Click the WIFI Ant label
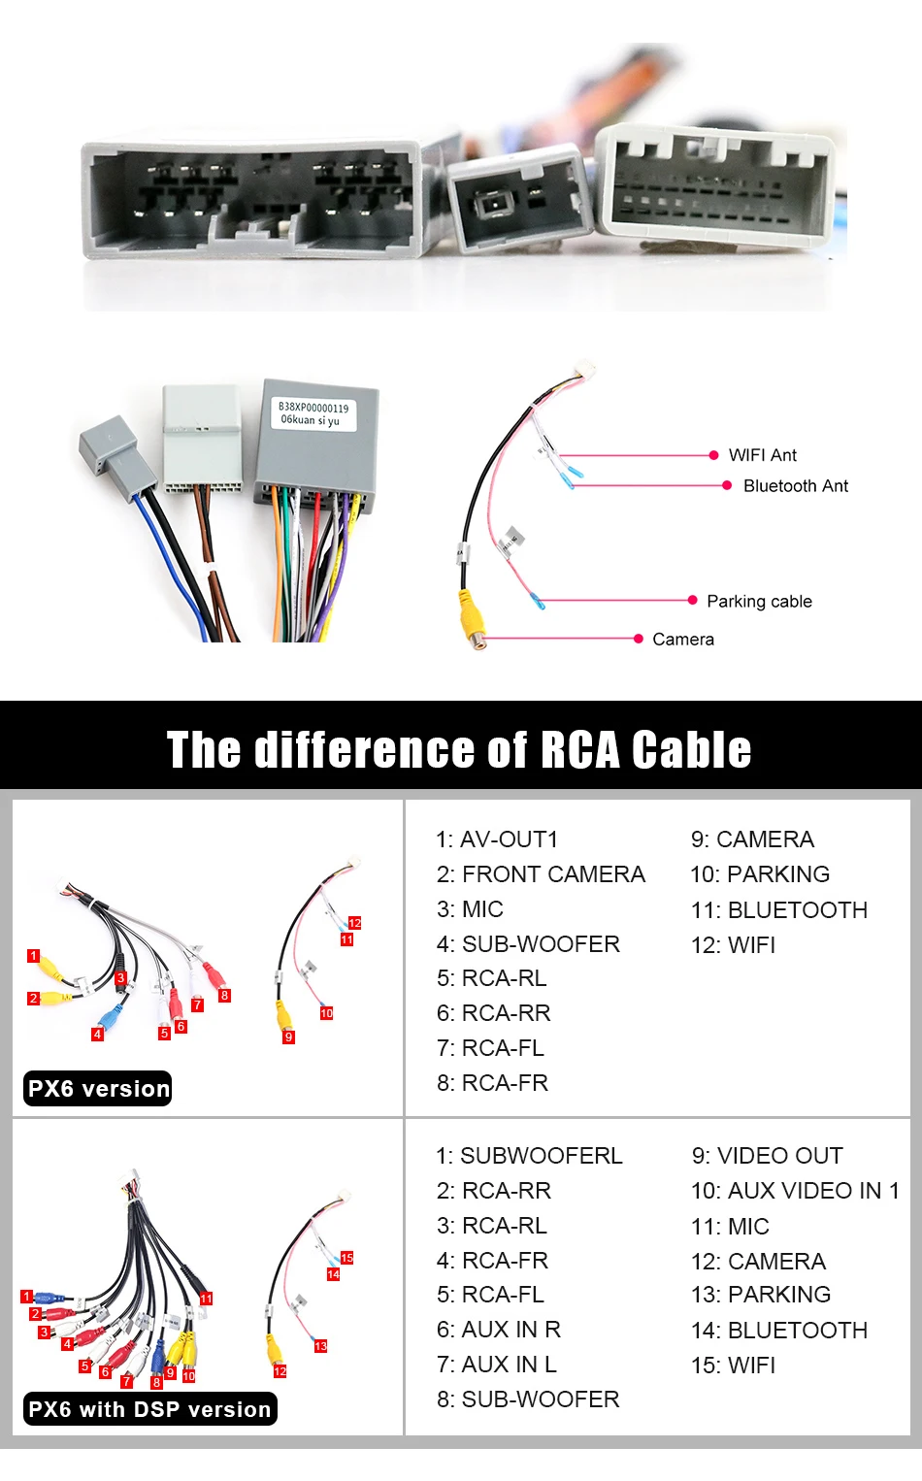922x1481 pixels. (x=762, y=455)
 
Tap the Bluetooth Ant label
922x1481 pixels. (x=795, y=486)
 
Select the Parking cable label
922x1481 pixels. (x=759, y=602)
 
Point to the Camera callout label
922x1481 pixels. (x=682, y=640)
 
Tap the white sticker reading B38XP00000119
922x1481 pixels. (x=313, y=413)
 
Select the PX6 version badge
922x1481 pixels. (x=98, y=1089)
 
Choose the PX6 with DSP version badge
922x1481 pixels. (x=149, y=1409)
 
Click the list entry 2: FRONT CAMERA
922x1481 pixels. (x=541, y=874)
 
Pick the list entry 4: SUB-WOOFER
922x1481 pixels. (x=528, y=944)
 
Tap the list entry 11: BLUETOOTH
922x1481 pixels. (x=778, y=910)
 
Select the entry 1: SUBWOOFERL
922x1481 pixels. (x=529, y=1156)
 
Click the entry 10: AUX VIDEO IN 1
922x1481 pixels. (x=795, y=1191)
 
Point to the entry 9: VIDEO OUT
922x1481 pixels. (x=767, y=1156)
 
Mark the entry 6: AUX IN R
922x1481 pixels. (x=499, y=1330)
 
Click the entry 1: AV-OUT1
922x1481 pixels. (x=497, y=839)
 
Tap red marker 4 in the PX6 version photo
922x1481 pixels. (x=97, y=1035)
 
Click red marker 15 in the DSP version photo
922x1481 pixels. (x=346, y=1258)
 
